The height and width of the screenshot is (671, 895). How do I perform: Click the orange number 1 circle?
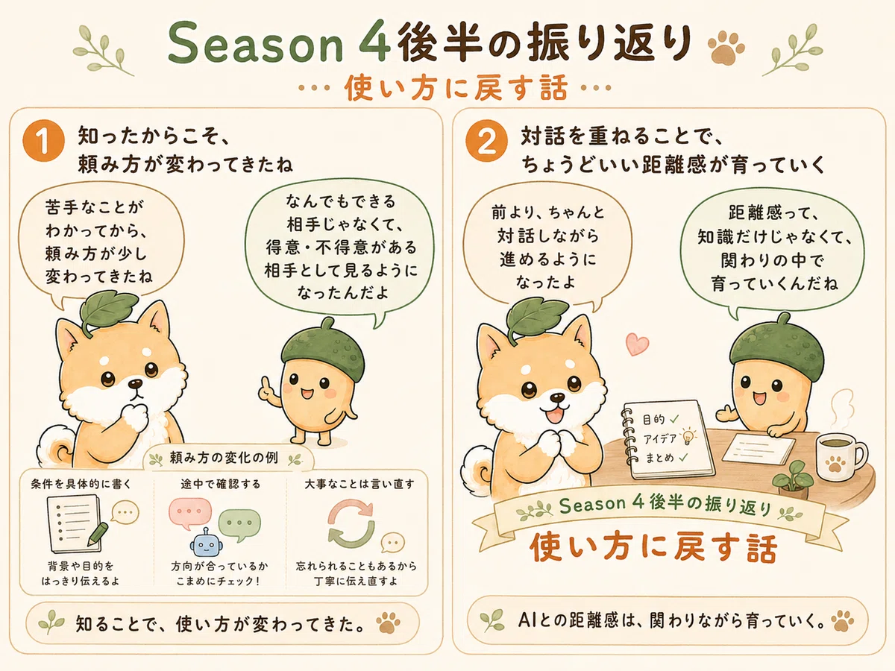(x=43, y=141)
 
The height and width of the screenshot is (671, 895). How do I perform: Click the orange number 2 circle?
(x=486, y=141)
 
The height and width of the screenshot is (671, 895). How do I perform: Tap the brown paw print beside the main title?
(x=726, y=47)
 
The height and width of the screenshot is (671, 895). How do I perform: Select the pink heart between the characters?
(x=637, y=344)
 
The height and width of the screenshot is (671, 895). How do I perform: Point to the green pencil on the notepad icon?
(x=98, y=535)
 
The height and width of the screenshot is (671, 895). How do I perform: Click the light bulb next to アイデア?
(x=688, y=437)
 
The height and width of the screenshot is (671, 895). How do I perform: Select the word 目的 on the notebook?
(x=653, y=420)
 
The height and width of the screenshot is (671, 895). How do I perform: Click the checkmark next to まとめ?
(x=683, y=457)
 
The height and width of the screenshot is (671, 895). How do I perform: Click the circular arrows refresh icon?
(x=351, y=523)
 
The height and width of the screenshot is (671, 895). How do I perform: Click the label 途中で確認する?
(x=221, y=484)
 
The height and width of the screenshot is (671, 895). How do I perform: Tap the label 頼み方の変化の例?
(x=224, y=458)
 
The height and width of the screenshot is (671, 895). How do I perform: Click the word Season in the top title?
(x=256, y=44)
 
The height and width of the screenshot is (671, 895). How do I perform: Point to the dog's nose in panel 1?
(x=135, y=384)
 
